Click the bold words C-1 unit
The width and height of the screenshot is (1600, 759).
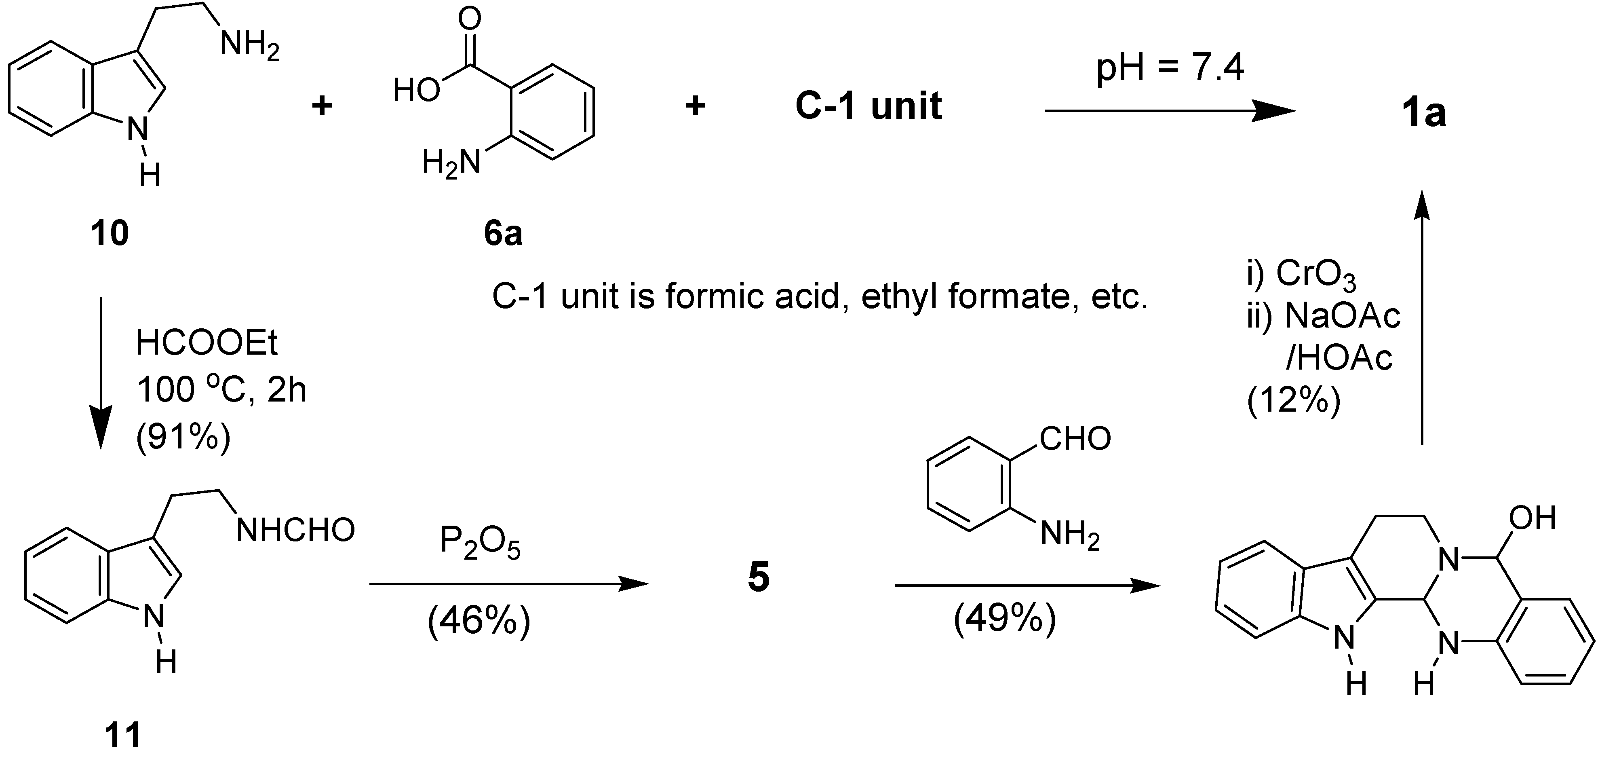[x=869, y=106]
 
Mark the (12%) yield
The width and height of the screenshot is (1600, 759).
[x=1293, y=401]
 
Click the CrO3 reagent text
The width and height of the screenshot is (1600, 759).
[x=1315, y=274]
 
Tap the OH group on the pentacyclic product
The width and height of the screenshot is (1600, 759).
[x=1533, y=518]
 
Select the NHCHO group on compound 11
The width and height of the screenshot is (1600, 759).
[x=296, y=530]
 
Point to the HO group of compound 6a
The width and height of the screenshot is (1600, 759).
[x=416, y=91]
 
